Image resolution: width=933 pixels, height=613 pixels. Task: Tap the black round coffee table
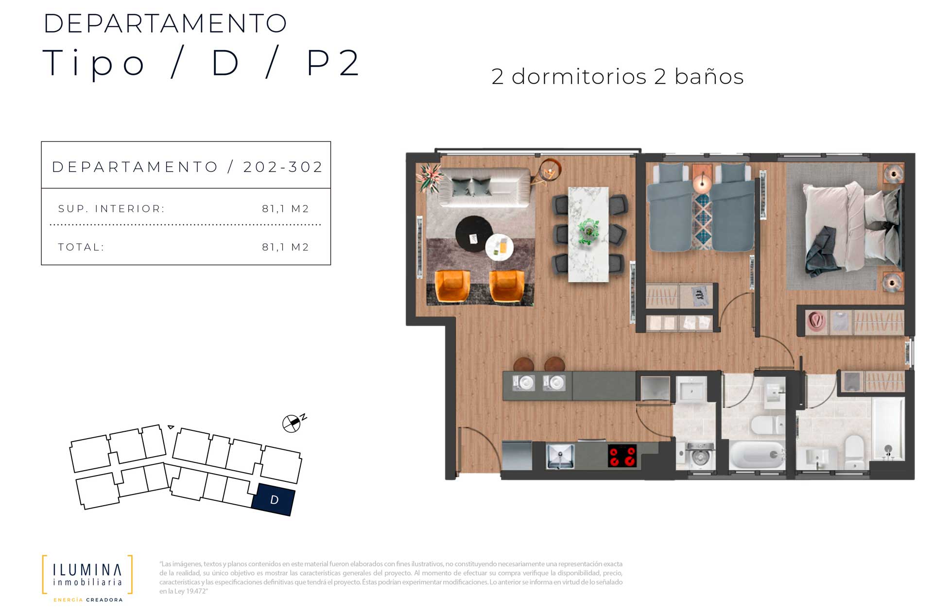pos(474,234)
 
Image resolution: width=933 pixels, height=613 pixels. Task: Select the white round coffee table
pos(500,247)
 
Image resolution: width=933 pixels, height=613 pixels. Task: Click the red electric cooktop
pos(622,456)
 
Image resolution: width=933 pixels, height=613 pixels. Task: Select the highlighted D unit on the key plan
pos(274,499)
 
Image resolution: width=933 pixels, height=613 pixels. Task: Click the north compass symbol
pos(294,423)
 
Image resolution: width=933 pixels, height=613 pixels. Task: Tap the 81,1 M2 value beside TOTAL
pos(285,247)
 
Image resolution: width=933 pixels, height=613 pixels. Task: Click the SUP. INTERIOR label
pos(111,209)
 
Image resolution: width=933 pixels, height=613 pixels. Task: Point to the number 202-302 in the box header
pos(283,167)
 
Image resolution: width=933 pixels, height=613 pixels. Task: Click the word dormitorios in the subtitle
pos(579,77)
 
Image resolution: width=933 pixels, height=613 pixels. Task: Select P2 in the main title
pos(333,63)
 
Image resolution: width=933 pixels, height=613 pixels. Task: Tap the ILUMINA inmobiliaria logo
pos(87,578)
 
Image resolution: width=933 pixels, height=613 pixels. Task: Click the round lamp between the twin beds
pos(702,183)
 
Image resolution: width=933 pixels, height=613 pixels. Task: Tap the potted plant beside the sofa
pos(430,177)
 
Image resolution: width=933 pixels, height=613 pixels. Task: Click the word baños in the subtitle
pos(709,77)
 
